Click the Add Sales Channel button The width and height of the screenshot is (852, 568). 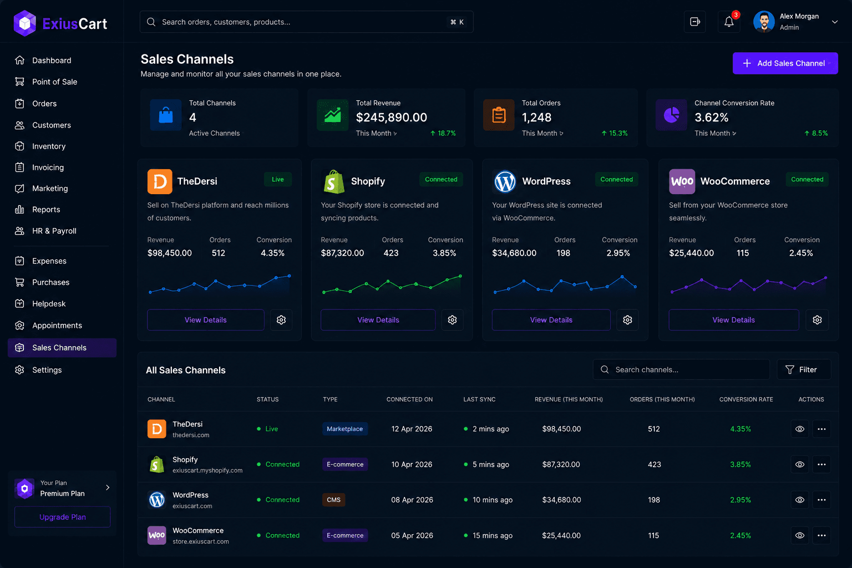pyautogui.click(x=785, y=63)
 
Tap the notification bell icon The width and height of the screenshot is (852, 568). pyautogui.click(x=729, y=22)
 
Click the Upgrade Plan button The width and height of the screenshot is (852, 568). pyautogui.click(x=62, y=516)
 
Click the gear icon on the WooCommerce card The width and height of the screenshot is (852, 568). pyautogui.click(x=817, y=320)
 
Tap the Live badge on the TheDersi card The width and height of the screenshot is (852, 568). pyautogui.click(x=278, y=179)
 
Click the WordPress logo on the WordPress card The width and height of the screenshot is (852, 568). pyautogui.click(x=504, y=181)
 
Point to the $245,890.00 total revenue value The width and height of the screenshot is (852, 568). pyautogui.click(x=392, y=117)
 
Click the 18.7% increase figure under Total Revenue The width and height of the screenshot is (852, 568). pyautogui.click(x=443, y=133)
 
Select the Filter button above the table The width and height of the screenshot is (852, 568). pyautogui.click(x=804, y=369)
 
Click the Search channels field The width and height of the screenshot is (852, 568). pyautogui.click(x=681, y=369)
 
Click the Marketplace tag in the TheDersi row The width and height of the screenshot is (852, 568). pyautogui.click(x=344, y=429)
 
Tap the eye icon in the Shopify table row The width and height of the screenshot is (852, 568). pyautogui.click(x=799, y=464)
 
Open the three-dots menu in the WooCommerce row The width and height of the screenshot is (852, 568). pyautogui.click(x=821, y=535)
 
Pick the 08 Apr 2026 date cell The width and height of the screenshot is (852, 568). pyautogui.click(x=412, y=500)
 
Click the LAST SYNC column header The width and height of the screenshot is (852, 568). pyautogui.click(x=479, y=399)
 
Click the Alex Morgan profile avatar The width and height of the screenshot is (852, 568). pyautogui.click(x=764, y=22)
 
